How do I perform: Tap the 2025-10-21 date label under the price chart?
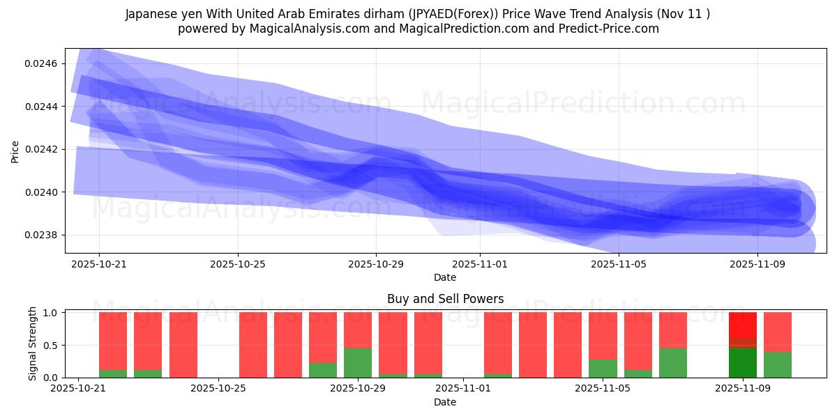99,265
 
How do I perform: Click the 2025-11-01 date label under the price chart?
480,265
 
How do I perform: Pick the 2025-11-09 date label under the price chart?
757,265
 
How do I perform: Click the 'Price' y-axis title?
15,151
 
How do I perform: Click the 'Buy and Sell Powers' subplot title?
445,299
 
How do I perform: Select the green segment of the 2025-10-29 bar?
358,363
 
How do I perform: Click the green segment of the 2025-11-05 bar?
603,369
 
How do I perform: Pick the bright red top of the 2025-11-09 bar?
743,325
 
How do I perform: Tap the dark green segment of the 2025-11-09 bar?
743,363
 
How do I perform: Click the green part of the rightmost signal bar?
778,364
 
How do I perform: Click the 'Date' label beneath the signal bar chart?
445,402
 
